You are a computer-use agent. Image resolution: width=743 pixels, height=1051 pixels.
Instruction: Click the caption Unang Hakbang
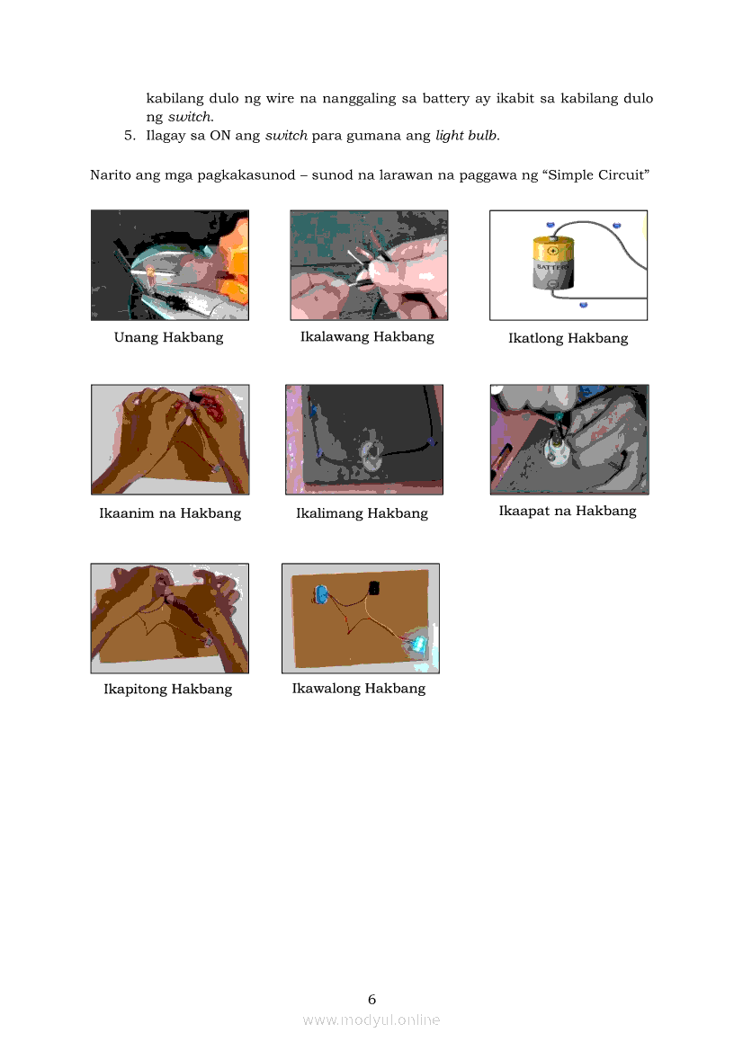pyautogui.click(x=168, y=337)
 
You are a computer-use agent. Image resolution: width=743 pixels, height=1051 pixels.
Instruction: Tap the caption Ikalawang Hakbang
pyautogui.click(x=367, y=336)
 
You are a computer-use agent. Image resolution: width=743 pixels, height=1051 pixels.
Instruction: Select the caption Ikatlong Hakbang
pyautogui.click(x=568, y=338)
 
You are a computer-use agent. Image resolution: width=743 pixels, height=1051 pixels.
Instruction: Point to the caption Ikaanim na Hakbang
pyautogui.click(x=170, y=513)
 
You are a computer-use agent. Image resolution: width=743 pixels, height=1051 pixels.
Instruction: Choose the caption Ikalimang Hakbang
pyautogui.click(x=362, y=513)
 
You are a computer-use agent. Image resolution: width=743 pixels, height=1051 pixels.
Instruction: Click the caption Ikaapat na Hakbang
pyautogui.click(x=568, y=511)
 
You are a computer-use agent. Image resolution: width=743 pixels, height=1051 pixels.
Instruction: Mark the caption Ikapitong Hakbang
pyautogui.click(x=167, y=689)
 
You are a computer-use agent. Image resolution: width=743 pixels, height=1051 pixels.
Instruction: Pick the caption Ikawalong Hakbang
pyautogui.click(x=359, y=689)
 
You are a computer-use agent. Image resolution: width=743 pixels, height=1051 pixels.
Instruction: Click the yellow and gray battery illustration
pyautogui.click(x=553, y=263)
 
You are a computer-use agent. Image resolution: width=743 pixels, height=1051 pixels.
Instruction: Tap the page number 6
pyautogui.click(x=372, y=1000)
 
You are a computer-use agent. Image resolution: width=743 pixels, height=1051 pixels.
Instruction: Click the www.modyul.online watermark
pyautogui.click(x=371, y=1020)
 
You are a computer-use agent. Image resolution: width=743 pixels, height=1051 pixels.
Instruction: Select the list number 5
pyautogui.click(x=130, y=136)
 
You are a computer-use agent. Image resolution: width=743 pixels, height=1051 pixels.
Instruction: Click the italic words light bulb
pyautogui.click(x=468, y=136)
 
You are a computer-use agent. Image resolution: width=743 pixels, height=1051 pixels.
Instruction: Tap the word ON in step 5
pyautogui.click(x=220, y=136)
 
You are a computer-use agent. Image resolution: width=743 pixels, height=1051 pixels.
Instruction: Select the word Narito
pyautogui.click(x=111, y=175)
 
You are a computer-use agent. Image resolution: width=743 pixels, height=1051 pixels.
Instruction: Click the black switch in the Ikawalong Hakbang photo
pyautogui.click(x=373, y=588)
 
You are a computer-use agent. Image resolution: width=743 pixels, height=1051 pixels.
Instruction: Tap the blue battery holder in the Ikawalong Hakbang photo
pyautogui.click(x=321, y=593)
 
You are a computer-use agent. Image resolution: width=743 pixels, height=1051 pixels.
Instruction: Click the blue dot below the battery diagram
pyautogui.click(x=584, y=305)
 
